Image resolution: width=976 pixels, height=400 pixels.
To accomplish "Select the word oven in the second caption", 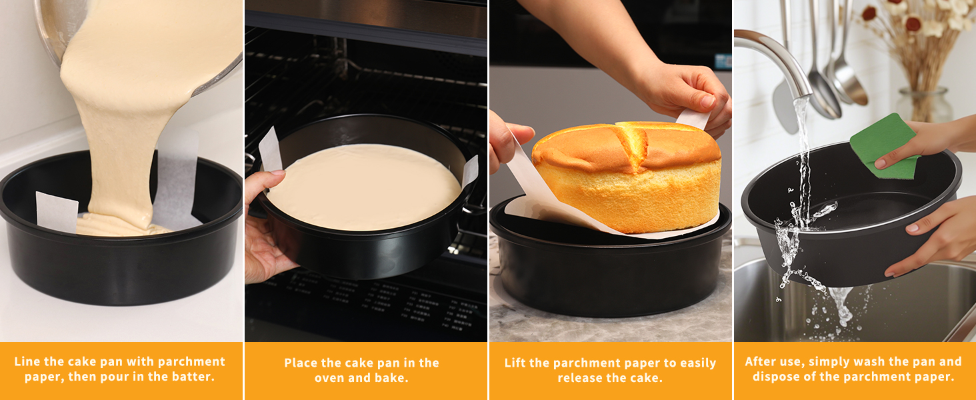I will [331, 378].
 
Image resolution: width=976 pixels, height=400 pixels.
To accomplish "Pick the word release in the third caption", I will [579, 378].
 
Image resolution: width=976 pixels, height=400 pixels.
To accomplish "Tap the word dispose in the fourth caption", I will [779, 377].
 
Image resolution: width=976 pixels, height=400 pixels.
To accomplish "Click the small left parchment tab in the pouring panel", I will [57, 212].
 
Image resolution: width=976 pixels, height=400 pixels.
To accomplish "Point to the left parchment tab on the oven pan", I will [270, 149].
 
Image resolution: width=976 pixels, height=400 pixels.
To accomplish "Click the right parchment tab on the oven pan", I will [470, 171].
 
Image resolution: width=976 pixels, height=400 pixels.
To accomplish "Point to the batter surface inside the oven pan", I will [363, 187].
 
